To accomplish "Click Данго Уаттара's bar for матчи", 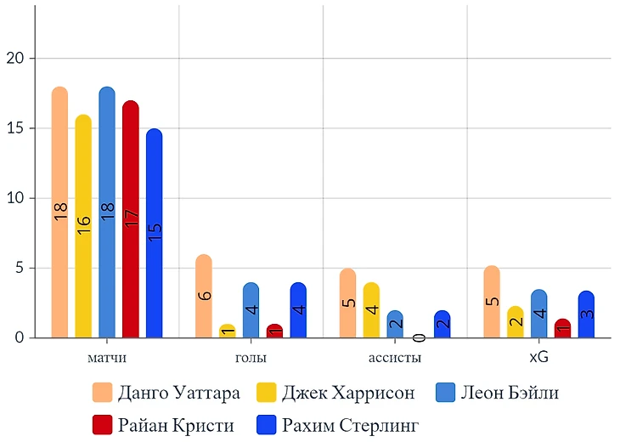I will [59, 212].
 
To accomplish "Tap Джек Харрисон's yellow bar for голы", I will [227, 331].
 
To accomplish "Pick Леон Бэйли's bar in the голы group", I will [251, 310].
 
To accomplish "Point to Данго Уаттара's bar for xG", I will [492, 302].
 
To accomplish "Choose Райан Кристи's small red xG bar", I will [563, 329].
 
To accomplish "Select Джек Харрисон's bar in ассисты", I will [371, 310].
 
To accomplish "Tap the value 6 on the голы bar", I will [204, 296].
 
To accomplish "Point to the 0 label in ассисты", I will [418, 337].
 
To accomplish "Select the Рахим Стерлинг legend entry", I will [350, 423].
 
